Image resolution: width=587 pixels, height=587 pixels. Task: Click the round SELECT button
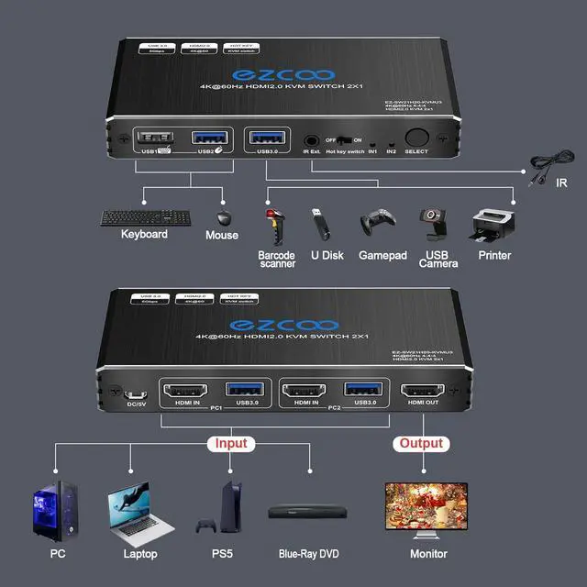(415, 136)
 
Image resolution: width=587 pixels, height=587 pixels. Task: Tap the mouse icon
(223, 217)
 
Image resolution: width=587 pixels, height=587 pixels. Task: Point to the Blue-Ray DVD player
(312, 515)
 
